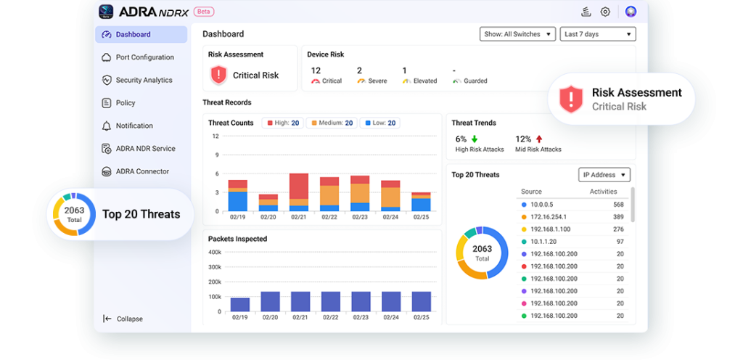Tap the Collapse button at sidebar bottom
[x=123, y=319]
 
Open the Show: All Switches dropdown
[x=517, y=34]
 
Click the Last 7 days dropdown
[x=598, y=34]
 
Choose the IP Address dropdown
[x=604, y=175]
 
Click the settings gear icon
[x=605, y=12]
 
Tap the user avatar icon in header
[x=631, y=12]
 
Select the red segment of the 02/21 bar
[x=299, y=186]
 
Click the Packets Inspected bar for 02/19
[x=240, y=305]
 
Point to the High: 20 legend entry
[x=283, y=123]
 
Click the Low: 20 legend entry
[x=379, y=123]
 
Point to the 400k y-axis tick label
[x=215, y=252]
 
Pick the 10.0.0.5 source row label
[x=541, y=205]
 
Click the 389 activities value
[x=618, y=217]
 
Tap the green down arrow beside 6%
[x=475, y=139]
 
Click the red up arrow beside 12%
[x=539, y=139]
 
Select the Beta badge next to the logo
[x=204, y=12]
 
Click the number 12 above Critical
[x=316, y=70]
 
